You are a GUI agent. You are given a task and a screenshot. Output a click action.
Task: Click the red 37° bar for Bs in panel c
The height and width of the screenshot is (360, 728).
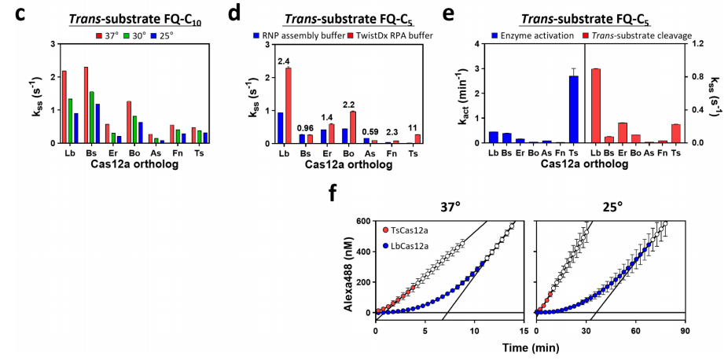pyautogui.click(x=86, y=105)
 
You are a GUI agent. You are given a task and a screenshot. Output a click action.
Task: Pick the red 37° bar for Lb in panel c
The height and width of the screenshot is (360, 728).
pyautogui.click(x=64, y=107)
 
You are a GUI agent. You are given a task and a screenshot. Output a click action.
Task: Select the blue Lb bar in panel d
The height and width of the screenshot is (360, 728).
pyautogui.click(x=280, y=127)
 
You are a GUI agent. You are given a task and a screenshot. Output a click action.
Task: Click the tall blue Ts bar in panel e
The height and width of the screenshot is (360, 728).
pyautogui.click(x=573, y=109)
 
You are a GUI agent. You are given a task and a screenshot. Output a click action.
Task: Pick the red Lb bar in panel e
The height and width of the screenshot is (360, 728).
pyautogui.click(x=595, y=105)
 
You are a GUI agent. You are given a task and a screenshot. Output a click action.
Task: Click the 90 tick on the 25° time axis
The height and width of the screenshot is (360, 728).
pyautogui.click(x=685, y=332)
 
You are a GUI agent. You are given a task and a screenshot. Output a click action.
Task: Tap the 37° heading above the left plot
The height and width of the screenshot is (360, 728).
pyautogui.click(x=452, y=207)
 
